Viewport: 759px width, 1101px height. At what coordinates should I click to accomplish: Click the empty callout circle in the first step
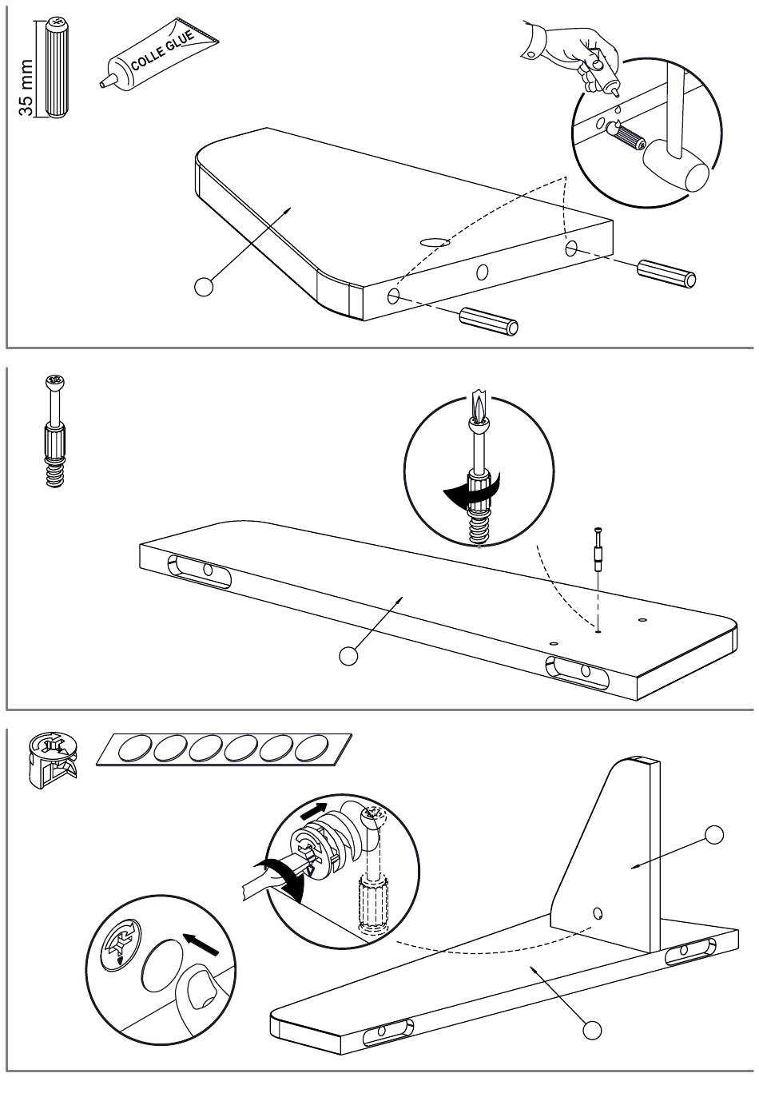[205, 287]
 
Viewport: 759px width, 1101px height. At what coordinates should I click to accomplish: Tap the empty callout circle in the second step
[348, 655]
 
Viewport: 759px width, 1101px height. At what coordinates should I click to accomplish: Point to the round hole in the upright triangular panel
[598, 912]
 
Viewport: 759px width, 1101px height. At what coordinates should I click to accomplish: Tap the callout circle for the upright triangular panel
[714, 835]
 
